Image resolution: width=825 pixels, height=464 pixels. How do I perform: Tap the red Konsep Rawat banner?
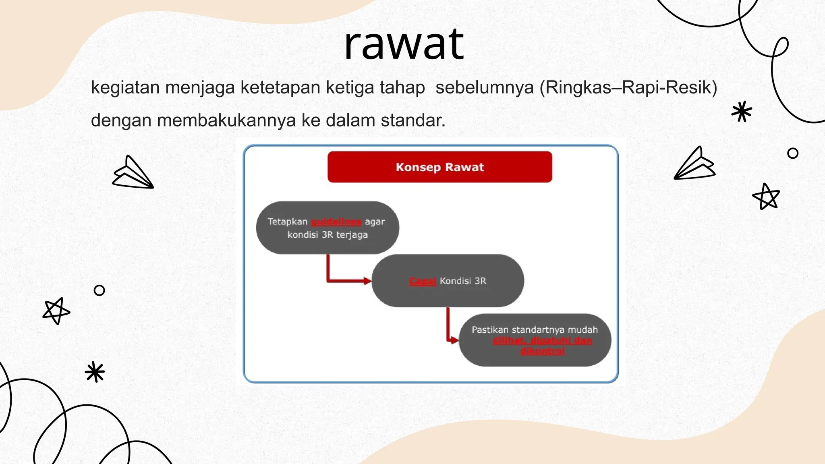tap(439, 167)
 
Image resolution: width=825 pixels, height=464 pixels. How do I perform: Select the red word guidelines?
tap(336, 222)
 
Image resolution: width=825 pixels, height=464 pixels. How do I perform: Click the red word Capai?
tap(423, 281)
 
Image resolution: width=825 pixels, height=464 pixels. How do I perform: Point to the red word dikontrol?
tap(542, 351)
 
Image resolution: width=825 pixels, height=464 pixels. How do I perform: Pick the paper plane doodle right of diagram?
tap(694, 164)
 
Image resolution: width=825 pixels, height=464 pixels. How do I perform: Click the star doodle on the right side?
tap(766, 197)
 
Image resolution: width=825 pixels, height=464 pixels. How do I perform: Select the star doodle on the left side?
tap(56, 311)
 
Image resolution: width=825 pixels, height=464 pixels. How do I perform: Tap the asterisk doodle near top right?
tap(741, 112)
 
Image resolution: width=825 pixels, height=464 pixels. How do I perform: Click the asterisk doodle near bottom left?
tap(95, 372)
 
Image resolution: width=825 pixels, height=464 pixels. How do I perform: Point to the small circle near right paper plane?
tap(792, 153)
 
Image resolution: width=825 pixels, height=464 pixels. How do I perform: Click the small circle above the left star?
tap(99, 290)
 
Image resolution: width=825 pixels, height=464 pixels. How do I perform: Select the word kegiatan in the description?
tap(125, 88)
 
